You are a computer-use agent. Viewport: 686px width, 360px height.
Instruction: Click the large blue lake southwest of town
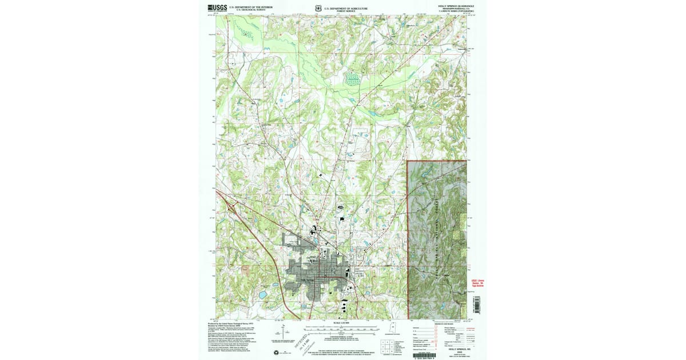click(262, 295)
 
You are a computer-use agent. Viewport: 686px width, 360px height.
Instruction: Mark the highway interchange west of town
click(233, 209)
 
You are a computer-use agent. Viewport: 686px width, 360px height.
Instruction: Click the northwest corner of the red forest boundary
click(408, 161)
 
